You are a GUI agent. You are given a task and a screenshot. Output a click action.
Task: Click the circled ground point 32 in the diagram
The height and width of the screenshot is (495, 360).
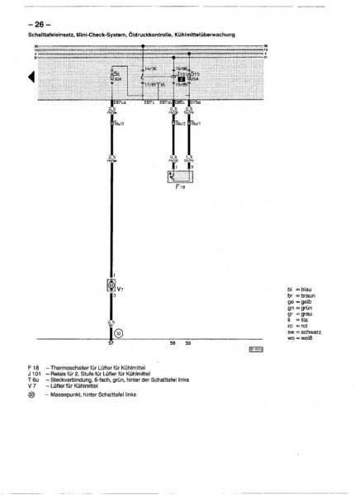coord(118,332)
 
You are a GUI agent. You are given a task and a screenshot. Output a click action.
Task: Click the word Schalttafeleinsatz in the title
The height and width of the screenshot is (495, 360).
coord(50,35)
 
